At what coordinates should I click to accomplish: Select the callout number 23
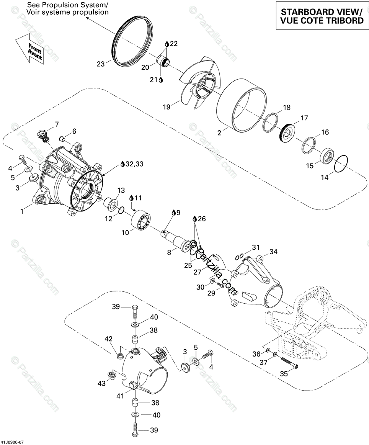click(101, 64)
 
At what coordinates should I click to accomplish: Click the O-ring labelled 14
click(341, 164)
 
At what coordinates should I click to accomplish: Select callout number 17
click(304, 118)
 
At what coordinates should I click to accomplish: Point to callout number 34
click(273, 252)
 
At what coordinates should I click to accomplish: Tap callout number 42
click(109, 339)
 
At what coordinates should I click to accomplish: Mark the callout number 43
click(101, 383)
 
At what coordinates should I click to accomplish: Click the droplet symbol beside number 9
click(173, 212)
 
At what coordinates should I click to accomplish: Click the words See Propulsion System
click(67, 5)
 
